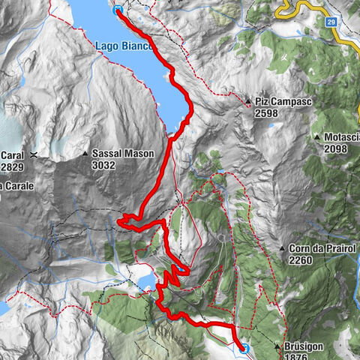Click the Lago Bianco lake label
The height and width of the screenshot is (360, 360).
(x=124, y=46)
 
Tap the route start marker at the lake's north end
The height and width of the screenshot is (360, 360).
(x=118, y=10)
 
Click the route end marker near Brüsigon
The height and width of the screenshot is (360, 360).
(x=244, y=348)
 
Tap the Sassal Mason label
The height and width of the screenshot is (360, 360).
(x=123, y=153)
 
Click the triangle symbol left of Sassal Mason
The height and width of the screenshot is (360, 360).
(x=85, y=154)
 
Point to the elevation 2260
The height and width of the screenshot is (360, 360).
(x=302, y=260)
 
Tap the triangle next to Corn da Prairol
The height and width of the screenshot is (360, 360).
(x=282, y=248)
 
